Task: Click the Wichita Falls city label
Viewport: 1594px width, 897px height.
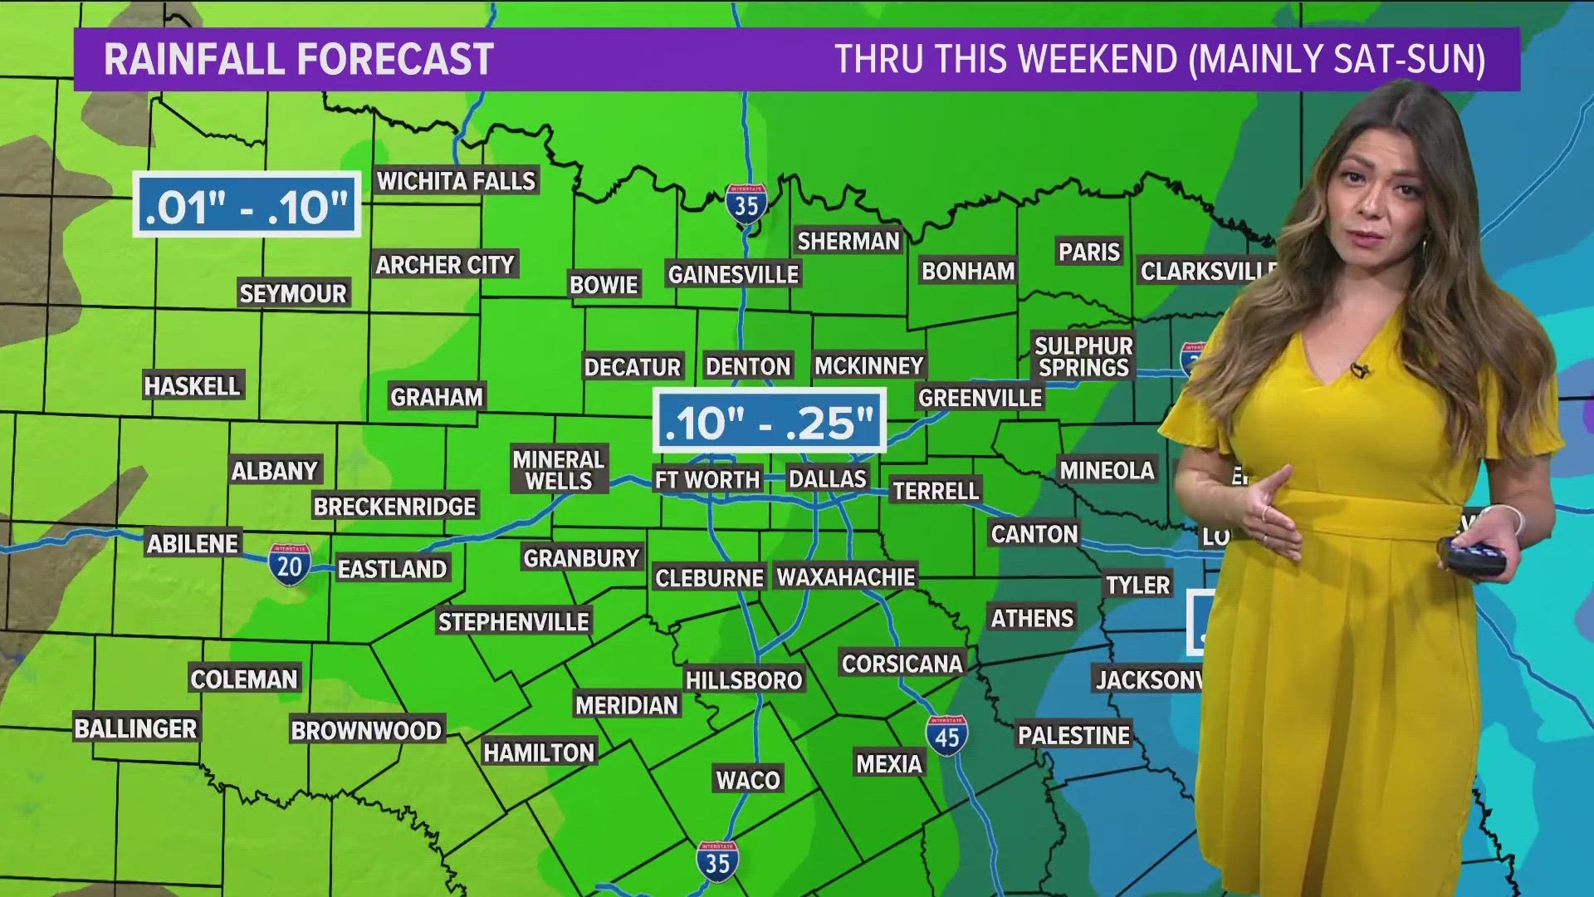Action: [x=456, y=181]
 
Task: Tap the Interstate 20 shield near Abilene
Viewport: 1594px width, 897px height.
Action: [x=289, y=566]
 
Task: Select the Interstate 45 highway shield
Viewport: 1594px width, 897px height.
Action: [x=946, y=736]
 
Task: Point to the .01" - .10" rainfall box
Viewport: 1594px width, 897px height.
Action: [x=247, y=205]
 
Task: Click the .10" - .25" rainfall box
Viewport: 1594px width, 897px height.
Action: [x=770, y=422]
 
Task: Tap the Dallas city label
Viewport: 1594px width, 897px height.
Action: [x=827, y=479]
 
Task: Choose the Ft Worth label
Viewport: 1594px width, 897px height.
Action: [x=707, y=480]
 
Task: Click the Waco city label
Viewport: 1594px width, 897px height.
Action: [x=748, y=780]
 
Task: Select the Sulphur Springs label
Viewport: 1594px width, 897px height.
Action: [x=1083, y=357]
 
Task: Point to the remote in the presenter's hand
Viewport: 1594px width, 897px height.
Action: [x=1474, y=556]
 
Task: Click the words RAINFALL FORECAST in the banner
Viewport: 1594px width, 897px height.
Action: [x=299, y=60]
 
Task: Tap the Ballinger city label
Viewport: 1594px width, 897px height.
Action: [x=136, y=728]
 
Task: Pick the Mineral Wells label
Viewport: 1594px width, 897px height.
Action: [x=558, y=470]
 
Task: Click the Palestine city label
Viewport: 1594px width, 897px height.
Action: [x=1073, y=736]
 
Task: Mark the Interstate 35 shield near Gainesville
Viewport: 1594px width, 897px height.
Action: [x=746, y=203]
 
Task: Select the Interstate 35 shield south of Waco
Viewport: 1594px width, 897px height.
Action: [x=717, y=861]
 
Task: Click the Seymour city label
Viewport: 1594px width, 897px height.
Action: [x=292, y=293]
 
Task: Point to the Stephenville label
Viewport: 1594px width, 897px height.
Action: [x=513, y=622]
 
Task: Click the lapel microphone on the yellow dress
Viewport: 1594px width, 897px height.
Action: [x=1359, y=370]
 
